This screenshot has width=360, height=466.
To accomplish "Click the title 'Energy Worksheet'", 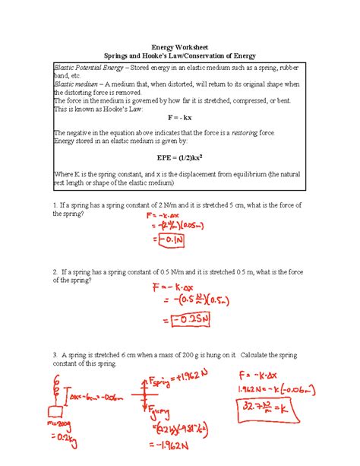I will click(x=180, y=46).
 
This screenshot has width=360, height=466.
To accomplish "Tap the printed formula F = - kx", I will click(x=179, y=119).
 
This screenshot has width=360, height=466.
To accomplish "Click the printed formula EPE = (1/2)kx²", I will click(x=179, y=160).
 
